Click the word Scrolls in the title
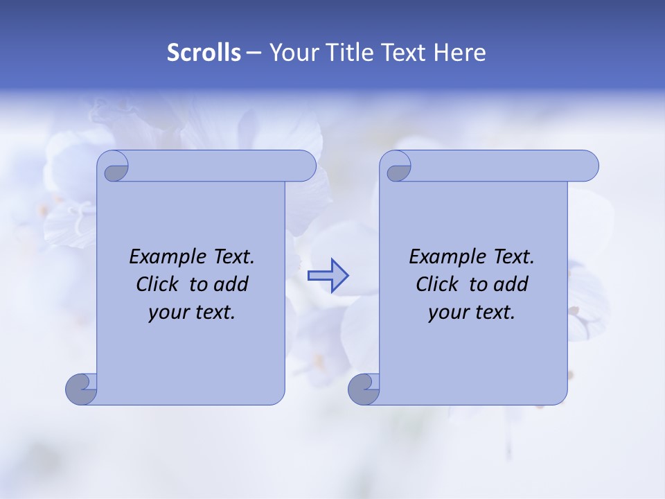204,53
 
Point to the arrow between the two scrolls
328,276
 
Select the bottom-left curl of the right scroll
364,389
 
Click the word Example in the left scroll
163,257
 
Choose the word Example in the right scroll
443,257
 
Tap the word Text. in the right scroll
513,257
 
